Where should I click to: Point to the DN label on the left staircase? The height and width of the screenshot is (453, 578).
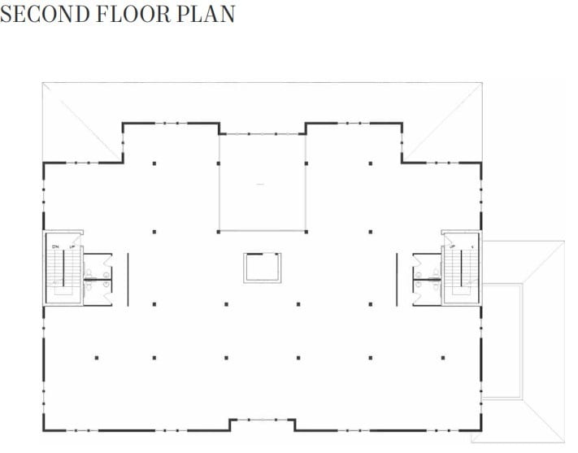[55, 245]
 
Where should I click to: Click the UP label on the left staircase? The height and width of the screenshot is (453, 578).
[72, 245]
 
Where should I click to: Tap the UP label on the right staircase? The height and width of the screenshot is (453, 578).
[452, 245]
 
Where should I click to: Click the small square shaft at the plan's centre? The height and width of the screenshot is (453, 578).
[263, 268]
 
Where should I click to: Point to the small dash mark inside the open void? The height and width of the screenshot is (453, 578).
[260, 185]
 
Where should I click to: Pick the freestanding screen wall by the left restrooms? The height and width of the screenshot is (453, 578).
[128, 277]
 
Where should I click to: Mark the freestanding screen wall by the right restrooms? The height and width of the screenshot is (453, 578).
[397, 277]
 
